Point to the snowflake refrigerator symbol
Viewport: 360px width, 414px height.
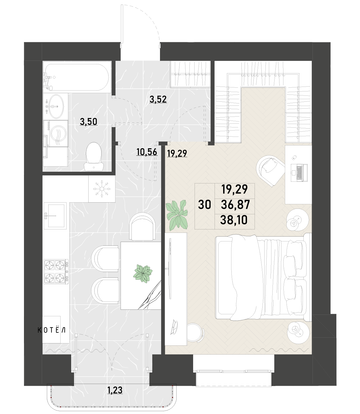coord(102,189)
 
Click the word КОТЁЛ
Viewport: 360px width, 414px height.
coord(52,330)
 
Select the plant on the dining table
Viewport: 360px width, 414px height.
coord(143,274)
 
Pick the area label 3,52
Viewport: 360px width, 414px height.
coord(158,99)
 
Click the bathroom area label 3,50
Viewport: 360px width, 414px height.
coord(89,122)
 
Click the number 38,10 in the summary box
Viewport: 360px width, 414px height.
coord(234,220)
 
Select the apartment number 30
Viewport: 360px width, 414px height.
coord(205,205)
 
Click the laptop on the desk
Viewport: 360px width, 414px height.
coord(299,173)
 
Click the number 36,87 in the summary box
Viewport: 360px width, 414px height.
coord(235,204)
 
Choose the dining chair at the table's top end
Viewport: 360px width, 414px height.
coord(142,226)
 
